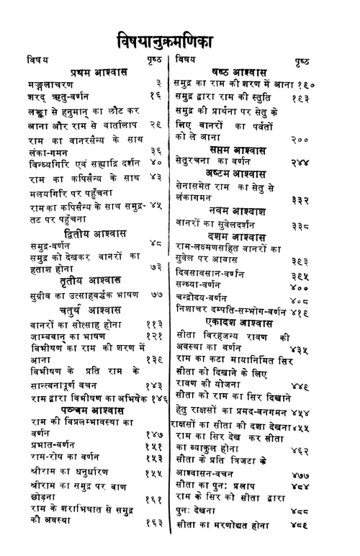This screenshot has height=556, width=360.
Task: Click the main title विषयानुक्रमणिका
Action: click(179, 37)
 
